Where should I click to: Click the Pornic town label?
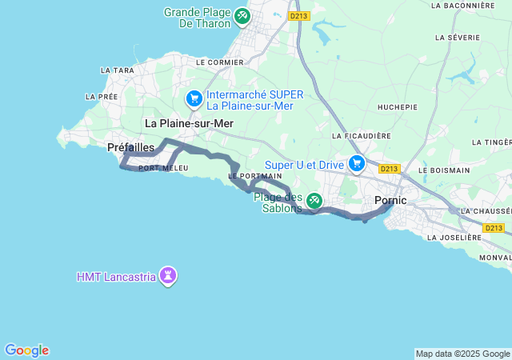pos(390,200)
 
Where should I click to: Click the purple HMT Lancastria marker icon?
pos(168,277)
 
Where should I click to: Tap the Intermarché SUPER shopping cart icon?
pos(194,99)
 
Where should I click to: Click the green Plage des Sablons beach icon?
pos(314,200)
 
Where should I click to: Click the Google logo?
pos(26,350)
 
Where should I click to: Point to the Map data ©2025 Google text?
pos(462,354)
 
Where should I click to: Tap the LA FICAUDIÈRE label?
pos(363,136)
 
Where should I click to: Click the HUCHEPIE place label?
pos(398,106)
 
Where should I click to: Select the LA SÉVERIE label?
pos(458,38)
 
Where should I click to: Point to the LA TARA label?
pos(118,70)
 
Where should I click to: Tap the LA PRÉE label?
pos(102,96)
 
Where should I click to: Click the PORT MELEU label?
pos(163,168)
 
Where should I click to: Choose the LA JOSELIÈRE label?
pos(454,238)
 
